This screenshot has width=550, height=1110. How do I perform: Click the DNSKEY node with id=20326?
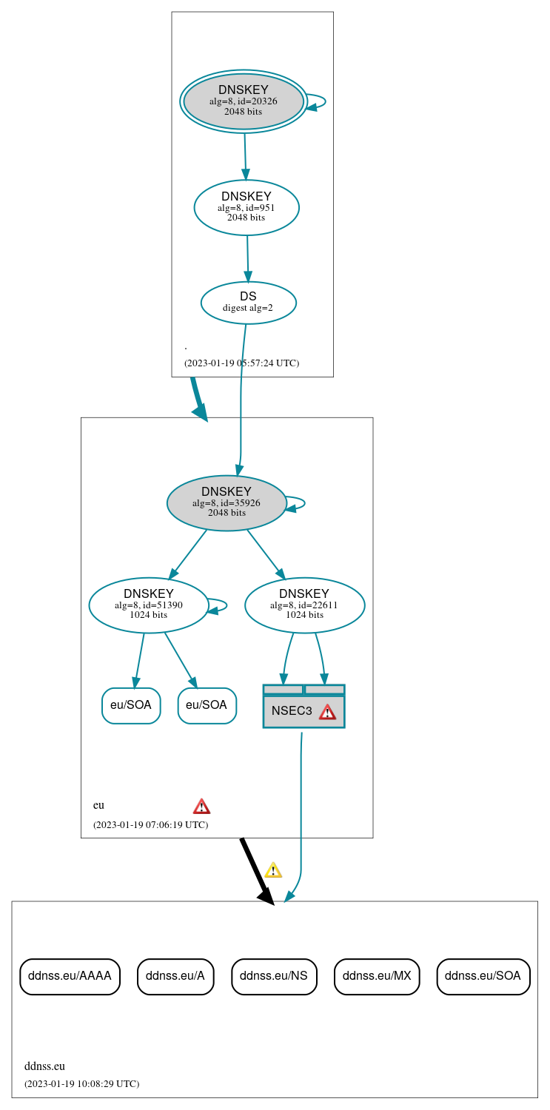(244, 101)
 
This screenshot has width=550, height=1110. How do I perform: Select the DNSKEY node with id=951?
(247, 207)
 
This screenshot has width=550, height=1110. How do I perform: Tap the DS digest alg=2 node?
(248, 302)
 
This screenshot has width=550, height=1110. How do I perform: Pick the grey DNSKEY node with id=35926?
(227, 502)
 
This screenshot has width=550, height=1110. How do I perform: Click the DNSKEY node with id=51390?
(148, 605)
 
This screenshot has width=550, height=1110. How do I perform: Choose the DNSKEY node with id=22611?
(304, 605)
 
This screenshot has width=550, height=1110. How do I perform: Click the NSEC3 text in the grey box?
(292, 711)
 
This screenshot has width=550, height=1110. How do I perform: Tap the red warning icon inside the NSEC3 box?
(327, 712)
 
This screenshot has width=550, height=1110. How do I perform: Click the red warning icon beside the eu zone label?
(201, 806)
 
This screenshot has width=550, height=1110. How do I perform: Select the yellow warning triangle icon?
(273, 869)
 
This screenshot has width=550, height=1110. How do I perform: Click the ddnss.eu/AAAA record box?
(70, 975)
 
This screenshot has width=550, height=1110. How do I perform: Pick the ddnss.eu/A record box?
(175, 975)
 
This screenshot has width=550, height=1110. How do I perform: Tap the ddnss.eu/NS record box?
(274, 975)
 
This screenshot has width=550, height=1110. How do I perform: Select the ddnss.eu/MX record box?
(377, 975)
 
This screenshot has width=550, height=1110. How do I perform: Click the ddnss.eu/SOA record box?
(483, 975)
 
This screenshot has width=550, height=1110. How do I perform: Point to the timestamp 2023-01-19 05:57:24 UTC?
(241, 363)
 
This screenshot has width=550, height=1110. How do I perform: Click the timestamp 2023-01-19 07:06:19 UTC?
(150, 824)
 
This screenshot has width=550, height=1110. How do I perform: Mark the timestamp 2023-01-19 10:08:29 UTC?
(81, 1083)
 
